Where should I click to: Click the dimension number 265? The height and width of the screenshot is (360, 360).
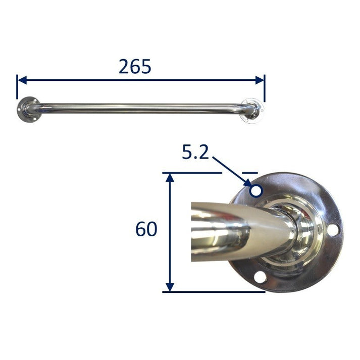[135, 66]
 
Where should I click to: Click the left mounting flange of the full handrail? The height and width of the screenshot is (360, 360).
[25, 110]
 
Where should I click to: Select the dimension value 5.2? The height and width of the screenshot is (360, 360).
[195, 152]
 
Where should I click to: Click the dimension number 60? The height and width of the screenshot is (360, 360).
[146, 230]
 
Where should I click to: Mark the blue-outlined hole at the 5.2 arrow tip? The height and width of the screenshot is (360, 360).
[256, 191]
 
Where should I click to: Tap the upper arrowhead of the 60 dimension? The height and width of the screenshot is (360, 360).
[170, 177]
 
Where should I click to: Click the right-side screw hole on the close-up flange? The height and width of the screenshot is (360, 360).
[332, 230]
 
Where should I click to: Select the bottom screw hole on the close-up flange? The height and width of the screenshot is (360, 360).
[259, 277]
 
